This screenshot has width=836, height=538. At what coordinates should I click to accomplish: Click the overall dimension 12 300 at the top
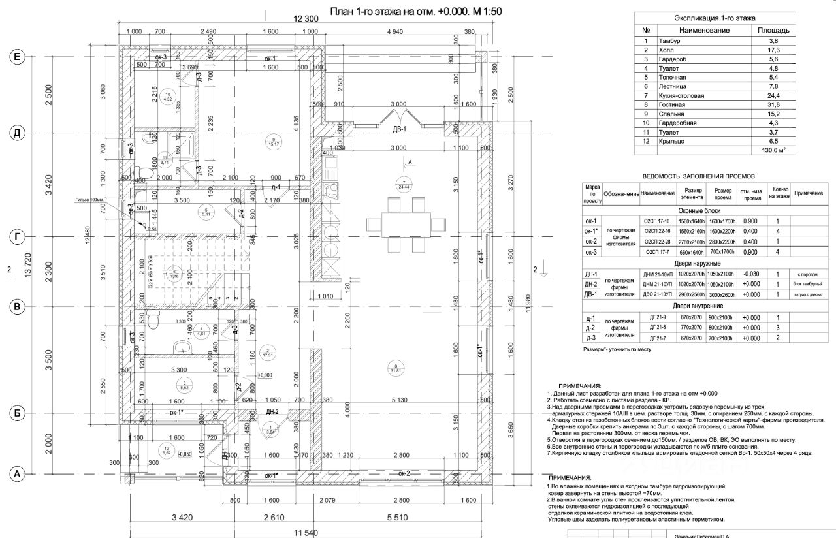[306, 19]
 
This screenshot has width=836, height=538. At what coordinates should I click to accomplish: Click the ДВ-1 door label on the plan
[399, 129]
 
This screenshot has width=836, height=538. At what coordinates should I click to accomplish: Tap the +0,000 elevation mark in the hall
[265, 375]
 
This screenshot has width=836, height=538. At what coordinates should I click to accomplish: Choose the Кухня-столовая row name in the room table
[682, 96]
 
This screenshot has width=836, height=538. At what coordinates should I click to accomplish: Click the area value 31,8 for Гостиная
[773, 104]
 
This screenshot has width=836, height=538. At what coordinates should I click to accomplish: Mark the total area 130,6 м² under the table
[773, 150]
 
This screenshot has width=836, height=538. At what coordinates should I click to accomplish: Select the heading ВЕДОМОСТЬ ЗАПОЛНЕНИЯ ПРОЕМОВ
[698, 176]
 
